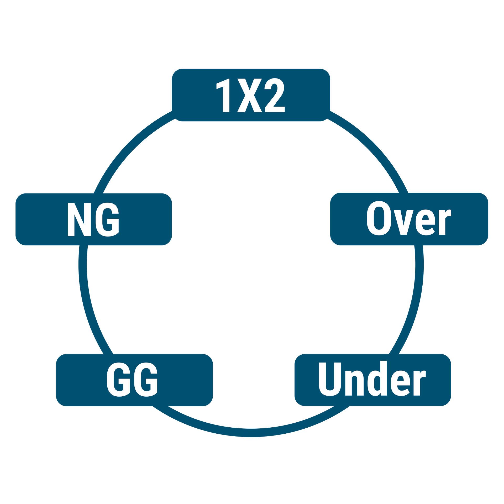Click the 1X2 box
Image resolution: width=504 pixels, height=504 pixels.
(251, 95)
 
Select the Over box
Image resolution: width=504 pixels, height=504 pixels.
(409, 219)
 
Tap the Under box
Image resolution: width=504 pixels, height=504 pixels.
(372, 380)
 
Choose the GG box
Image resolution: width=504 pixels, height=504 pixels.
(134, 380)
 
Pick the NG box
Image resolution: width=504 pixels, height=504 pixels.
(94, 219)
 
